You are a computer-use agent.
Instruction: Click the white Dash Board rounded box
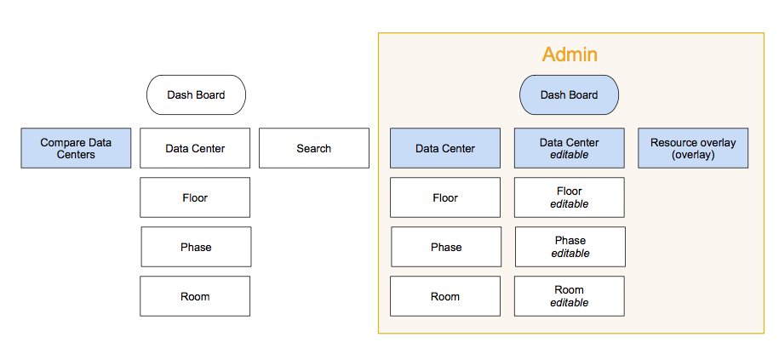pyautogui.click(x=196, y=94)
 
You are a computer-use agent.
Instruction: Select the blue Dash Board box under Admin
pyautogui.click(x=569, y=94)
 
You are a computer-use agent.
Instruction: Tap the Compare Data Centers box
pyautogui.click(x=76, y=148)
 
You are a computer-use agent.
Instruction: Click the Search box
pyautogui.click(x=313, y=148)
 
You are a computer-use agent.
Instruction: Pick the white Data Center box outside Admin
pyautogui.click(x=195, y=148)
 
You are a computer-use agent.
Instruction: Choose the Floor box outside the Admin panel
pyautogui.click(x=195, y=197)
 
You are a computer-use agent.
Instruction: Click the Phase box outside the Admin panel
pyautogui.click(x=196, y=247)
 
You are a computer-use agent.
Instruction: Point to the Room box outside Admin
pyautogui.click(x=195, y=296)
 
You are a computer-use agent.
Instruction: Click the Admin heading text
pyautogui.click(x=570, y=54)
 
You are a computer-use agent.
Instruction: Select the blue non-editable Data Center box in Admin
pyautogui.click(x=445, y=148)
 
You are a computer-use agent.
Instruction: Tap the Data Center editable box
pyautogui.click(x=569, y=148)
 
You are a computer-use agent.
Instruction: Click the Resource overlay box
pyautogui.click(x=693, y=148)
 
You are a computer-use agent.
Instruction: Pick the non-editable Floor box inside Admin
pyautogui.click(x=445, y=197)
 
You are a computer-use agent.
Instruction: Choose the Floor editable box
pyautogui.click(x=569, y=197)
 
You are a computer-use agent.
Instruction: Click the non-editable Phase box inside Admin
pyautogui.click(x=446, y=247)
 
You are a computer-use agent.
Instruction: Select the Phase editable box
pyautogui.click(x=570, y=247)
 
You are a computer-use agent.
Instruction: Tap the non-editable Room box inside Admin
pyautogui.click(x=445, y=296)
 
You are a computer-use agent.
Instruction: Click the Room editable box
pyautogui.click(x=569, y=296)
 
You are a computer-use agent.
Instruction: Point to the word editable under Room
pyautogui.click(x=569, y=303)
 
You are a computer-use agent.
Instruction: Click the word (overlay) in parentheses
pyautogui.click(x=693, y=155)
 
